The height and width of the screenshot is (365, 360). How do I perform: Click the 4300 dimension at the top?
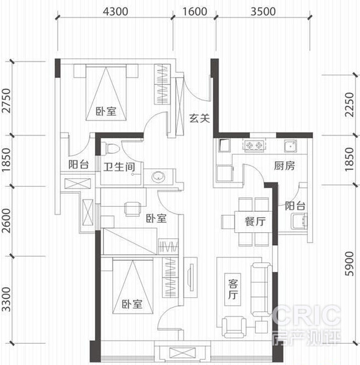tap(115, 12)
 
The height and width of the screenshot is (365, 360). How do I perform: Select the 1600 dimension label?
tap(195, 12)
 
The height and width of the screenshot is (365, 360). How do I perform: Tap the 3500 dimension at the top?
tap(263, 12)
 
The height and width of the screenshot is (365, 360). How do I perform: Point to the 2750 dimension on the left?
tap(7, 100)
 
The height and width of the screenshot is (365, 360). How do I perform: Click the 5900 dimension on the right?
tap(350, 264)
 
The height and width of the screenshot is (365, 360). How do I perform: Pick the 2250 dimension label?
tap(350, 105)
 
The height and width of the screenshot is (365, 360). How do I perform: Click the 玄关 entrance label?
tap(199, 118)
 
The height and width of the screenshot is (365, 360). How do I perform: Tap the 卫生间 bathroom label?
tap(119, 167)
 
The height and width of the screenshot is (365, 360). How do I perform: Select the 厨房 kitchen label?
tap(284, 165)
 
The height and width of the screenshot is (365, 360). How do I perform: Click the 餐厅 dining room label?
tap(255, 221)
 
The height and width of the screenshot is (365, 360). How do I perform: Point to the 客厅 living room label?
tap(233, 290)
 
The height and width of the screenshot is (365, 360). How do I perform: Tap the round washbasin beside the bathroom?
tap(158, 176)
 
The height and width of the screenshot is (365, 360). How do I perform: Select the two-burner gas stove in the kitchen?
tap(254, 145)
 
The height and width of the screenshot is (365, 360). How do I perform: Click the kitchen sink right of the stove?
tap(291, 146)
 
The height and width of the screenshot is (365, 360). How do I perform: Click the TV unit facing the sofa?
tap(191, 277)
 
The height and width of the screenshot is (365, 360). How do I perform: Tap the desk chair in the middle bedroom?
tap(133, 209)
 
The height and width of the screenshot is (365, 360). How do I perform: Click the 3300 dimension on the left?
tap(7, 299)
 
